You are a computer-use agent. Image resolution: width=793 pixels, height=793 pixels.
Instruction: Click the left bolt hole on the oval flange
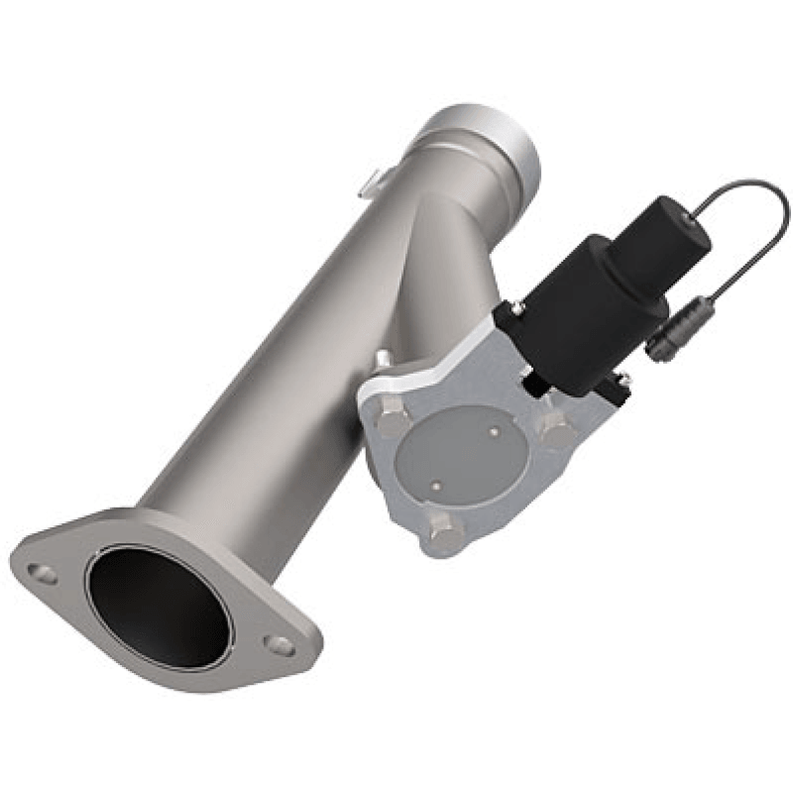(42, 573)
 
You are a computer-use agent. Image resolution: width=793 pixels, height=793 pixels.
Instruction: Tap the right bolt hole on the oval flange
(281, 645)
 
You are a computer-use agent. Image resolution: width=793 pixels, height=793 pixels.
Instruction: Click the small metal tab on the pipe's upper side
(369, 181)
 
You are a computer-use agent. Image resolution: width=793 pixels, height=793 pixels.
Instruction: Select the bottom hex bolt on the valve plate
(445, 532)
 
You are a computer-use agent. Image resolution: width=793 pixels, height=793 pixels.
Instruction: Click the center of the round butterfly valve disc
(461, 456)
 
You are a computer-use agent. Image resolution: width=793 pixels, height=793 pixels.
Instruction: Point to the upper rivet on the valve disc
(493, 432)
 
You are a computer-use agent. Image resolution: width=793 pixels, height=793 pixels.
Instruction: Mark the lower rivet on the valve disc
(436, 485)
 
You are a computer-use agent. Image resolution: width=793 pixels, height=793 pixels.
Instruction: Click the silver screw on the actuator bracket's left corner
(518, 309)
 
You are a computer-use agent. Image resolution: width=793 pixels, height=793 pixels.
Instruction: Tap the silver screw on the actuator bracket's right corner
(624, 378)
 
